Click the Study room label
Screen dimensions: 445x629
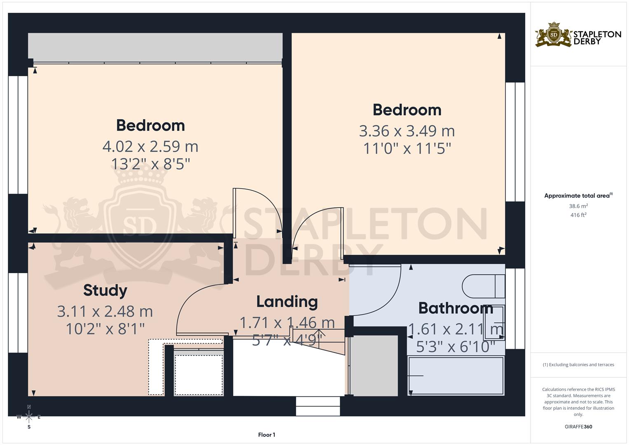105,290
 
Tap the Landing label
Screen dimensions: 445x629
287,302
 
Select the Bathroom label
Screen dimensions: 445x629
456,308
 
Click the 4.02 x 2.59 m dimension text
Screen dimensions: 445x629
150,146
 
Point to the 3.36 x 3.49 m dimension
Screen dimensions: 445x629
407,131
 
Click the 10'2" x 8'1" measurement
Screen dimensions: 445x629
105,329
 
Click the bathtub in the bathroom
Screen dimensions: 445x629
456,376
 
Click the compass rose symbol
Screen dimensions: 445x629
29,417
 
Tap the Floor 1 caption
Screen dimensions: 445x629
267,435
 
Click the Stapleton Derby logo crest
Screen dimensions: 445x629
554,35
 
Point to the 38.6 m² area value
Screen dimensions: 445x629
578,206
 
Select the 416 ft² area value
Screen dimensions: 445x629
578,215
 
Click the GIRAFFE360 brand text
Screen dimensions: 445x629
578,427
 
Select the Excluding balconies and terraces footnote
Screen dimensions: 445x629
578,365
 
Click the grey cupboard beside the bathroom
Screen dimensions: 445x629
374,365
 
